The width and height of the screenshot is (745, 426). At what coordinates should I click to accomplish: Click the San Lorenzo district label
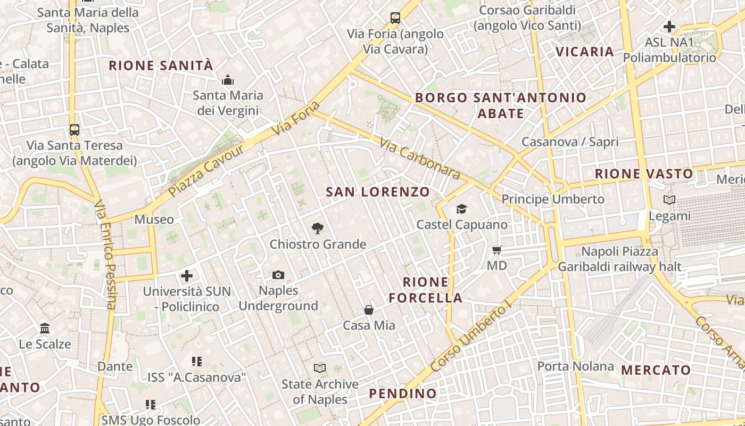coord(377,192)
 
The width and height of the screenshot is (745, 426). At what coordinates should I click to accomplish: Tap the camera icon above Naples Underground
coord(278,275)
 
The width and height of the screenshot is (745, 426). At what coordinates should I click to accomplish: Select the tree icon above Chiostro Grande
coord(317,228)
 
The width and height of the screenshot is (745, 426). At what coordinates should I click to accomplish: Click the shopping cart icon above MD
coord(497,250)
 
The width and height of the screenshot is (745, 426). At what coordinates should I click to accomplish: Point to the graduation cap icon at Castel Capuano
coord(461,209)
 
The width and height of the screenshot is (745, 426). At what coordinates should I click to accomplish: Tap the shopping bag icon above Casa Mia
coord(368,310)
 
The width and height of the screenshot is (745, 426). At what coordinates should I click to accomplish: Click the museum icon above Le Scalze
coord(45,328)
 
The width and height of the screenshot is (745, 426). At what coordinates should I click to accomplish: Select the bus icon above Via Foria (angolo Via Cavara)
coord(395,18)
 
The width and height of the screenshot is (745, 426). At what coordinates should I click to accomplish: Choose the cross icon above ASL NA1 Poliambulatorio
coord(669,26)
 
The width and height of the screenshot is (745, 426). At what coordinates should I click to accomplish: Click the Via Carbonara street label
coord(420,158)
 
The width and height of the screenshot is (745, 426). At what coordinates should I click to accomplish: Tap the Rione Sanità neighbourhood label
coord(161,65)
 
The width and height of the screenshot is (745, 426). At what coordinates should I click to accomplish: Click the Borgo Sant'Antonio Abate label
coord(500,105)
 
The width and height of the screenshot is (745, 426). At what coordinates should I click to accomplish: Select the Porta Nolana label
coord(575,366)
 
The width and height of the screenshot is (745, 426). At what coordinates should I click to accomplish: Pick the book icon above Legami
coord(669,200)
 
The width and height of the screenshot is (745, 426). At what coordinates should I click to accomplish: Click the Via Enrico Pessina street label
coord(105,254)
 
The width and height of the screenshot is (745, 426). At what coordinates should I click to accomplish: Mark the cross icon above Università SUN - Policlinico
coord(186,276)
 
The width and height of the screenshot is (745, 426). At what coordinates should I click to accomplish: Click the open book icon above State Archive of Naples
coord(319,368)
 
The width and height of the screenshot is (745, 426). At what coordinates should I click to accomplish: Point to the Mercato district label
coord(656,370)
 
